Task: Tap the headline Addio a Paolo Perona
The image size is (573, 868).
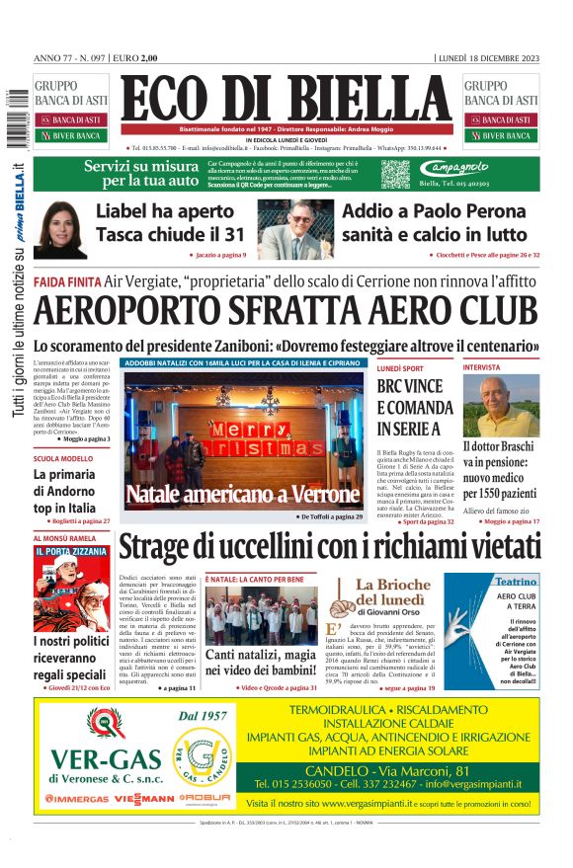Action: [435, 222]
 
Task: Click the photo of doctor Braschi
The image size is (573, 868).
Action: [515, 405]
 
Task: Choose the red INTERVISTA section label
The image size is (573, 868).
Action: [510, 367]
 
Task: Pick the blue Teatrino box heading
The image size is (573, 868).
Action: [516, 582]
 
